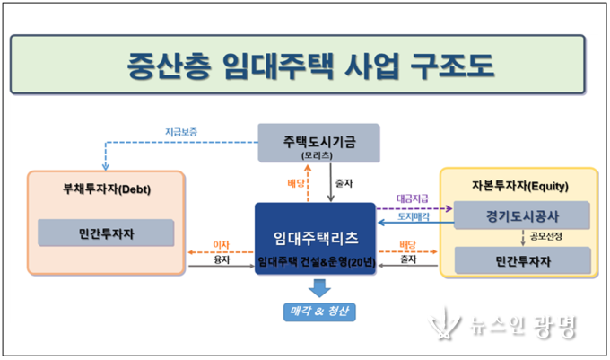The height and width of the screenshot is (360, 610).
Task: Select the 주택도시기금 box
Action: pyautogui.click(x=318, y=145)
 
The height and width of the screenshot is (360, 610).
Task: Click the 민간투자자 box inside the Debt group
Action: pyautogui.click(x=107, y=233)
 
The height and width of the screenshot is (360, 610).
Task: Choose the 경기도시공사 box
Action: pyautogui.click(x=523, y=215)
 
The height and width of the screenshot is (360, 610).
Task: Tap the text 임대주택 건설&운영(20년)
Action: pyautogui.click(x=316, y=262)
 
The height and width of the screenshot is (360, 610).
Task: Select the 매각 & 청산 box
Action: pyautogui.click(x=317, y=312)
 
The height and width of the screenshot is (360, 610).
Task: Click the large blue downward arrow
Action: pyautogui.click(x=317, y=287)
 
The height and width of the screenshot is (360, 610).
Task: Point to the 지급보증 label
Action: pyautogui.click(x=180, y=132)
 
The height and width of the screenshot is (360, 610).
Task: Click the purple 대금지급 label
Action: pyautogui.click(x=411, y=198)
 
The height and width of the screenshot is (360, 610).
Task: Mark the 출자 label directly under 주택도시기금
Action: pyautogui.click(x=344, y=183)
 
